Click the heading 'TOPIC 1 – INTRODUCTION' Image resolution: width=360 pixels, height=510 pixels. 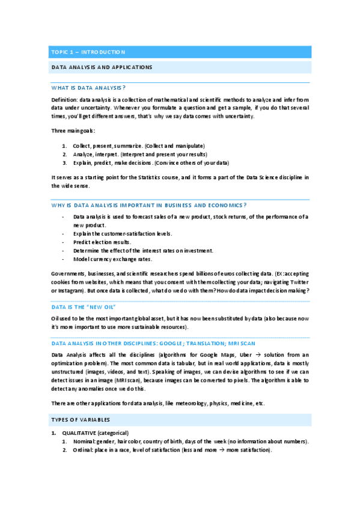click(x=88, y=52)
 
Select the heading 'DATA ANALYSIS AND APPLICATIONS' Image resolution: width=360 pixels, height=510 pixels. click(x=101, y=67)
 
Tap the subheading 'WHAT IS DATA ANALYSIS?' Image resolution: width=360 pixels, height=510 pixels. click(x=88, y=88)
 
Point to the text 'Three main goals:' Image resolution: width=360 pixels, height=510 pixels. click(x=73, y=131)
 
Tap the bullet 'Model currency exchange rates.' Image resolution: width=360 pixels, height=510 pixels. click(x=112, y=259)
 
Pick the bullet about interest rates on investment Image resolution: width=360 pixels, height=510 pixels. click(x=143, y=250)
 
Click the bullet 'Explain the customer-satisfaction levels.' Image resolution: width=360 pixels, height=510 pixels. click(x=123, y=233)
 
